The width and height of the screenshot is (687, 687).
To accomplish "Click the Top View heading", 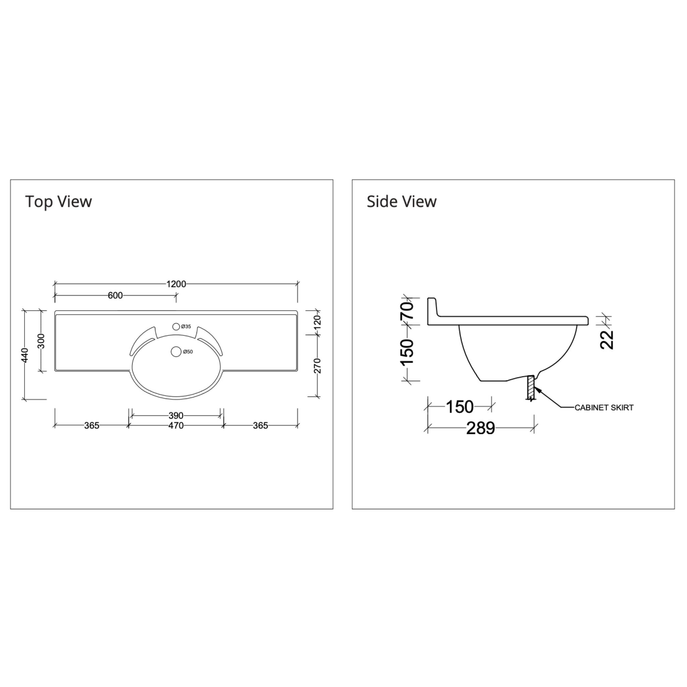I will click(x=58, y=202).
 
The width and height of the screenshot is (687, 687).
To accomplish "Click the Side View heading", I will click(x=401, y=202).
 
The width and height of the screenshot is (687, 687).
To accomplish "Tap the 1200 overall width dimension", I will click(x=176, y=284).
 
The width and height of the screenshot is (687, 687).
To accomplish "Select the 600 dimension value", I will click(x=115, y=296).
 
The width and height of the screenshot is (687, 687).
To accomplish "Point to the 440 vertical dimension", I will click(x=24, y=355).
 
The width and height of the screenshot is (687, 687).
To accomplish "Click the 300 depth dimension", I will click(x=41, y=341).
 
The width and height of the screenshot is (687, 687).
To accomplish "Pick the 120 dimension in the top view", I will click(x=318, y=321).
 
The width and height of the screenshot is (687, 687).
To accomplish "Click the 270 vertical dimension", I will click(x=318, y=366).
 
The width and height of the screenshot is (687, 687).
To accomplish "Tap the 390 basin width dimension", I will click(x=176, y=415).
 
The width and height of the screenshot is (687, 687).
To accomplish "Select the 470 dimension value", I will click(x=176, y=426).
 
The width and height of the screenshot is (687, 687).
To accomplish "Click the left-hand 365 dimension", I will click(x=91, y=426).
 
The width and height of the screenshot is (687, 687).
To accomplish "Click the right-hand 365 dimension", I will click(x=260, y=426).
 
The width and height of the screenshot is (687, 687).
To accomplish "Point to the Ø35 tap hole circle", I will click(x=176, y=326).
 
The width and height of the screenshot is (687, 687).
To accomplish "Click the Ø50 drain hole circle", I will click(x=176, y=352).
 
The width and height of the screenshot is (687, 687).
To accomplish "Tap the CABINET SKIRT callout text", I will click(x=604, y=408).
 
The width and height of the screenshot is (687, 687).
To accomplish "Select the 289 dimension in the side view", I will click(x=480, y=428).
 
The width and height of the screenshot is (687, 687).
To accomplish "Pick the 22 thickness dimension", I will click(x=606, y=339).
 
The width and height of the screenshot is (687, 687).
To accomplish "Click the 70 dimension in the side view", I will click(x=408, y=311).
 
